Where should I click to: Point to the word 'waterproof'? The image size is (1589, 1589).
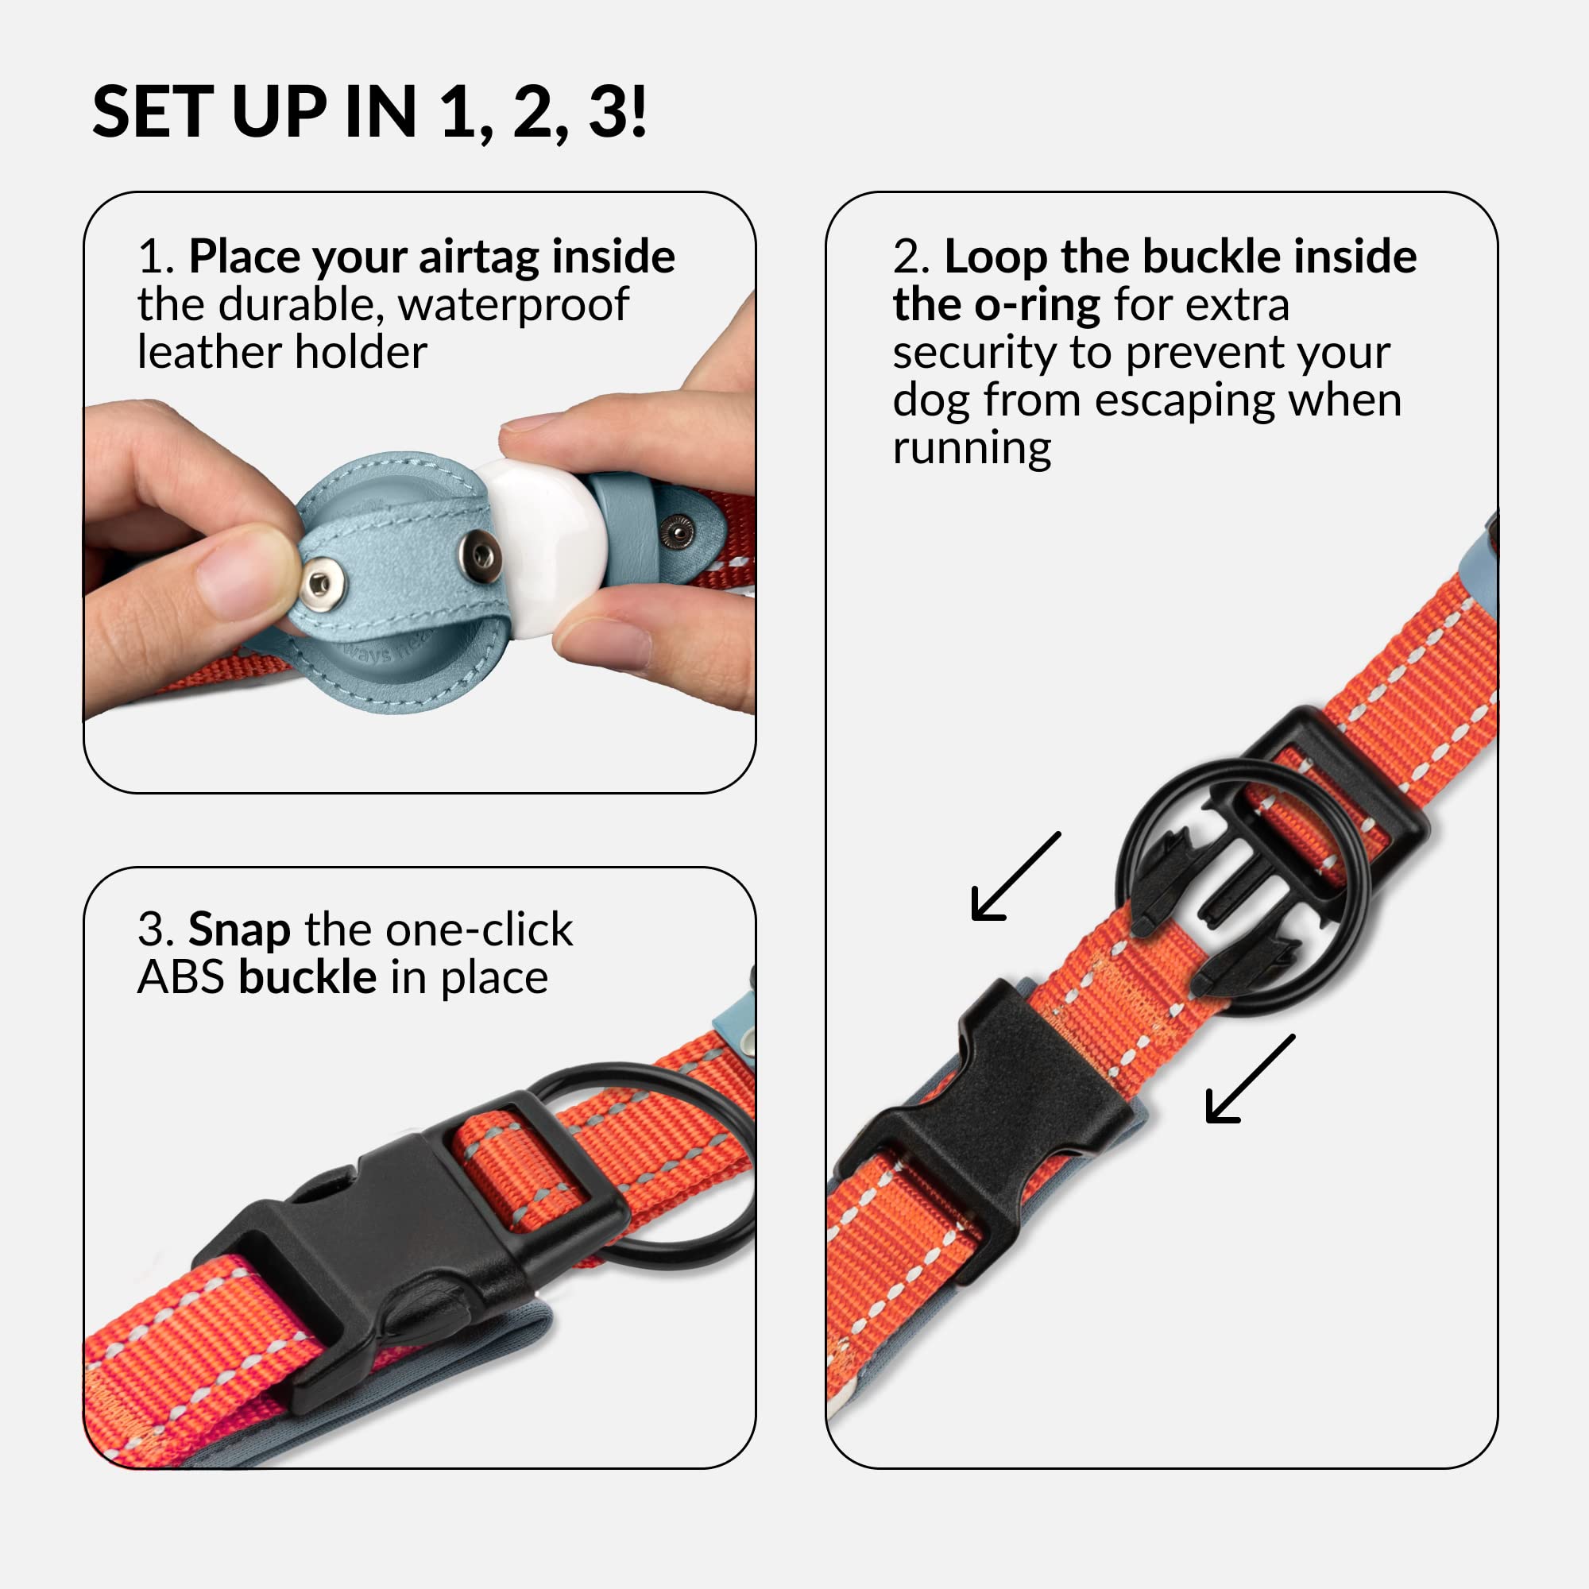[513, 306]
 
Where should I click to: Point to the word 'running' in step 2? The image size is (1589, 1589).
[972, 449]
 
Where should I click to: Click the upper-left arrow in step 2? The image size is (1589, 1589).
[1015, 876]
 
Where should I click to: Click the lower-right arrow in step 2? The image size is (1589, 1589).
[1250, 1078]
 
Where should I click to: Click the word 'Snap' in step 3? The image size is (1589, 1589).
[238, 931]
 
